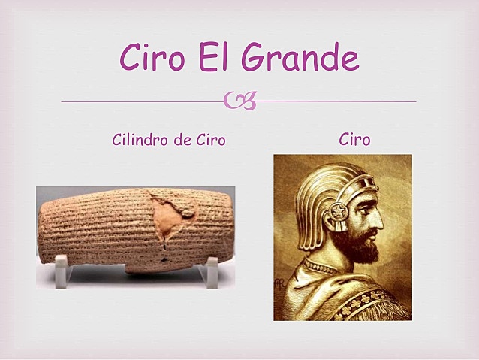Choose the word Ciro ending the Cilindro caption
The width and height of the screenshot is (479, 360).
(x=210, y=140)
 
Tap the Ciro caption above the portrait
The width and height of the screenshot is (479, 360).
(x=354, y=140)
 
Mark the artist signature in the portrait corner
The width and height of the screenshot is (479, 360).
(x=280, y=286)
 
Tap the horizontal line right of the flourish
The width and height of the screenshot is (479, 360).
(x=338, y=101)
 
